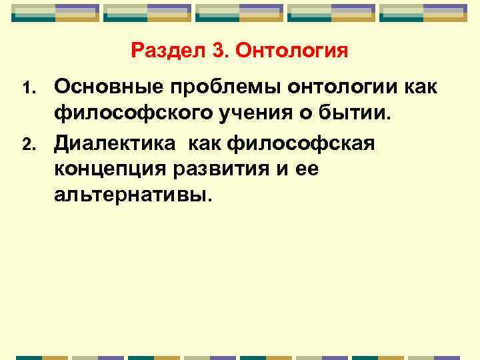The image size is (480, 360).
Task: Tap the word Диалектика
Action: [115, 142]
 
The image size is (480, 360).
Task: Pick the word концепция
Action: [107, 169]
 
